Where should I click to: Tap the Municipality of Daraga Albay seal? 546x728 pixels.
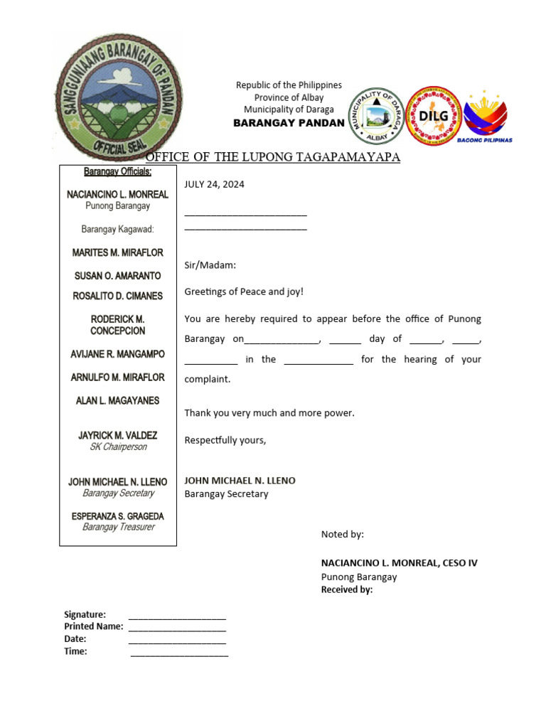tap(376, 116)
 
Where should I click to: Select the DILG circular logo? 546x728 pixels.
tap(433, 115)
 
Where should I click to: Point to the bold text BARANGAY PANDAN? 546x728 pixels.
tap(289, 123)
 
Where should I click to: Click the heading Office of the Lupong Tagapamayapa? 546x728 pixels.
tap(273, 157)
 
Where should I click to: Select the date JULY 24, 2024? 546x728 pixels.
tap(214, 184)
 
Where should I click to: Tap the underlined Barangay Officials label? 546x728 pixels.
tap(117, 171)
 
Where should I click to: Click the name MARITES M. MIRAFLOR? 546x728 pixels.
tap(117, 252)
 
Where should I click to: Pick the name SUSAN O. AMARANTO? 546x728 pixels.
tap(117, 276)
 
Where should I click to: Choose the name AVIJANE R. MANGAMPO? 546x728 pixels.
tap(117, 354)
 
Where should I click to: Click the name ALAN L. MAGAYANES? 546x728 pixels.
tap(117, 401)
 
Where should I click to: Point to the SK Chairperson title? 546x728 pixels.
tap(117, 447)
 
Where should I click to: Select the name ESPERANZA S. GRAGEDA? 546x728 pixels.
tap(117, 516)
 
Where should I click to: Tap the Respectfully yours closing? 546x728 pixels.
tap(225, 440)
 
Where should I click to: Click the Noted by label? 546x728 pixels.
tap(342, 534)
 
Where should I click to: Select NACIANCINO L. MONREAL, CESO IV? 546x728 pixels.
tap(399, 563)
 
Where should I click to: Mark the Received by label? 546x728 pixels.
tap(346, 589)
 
